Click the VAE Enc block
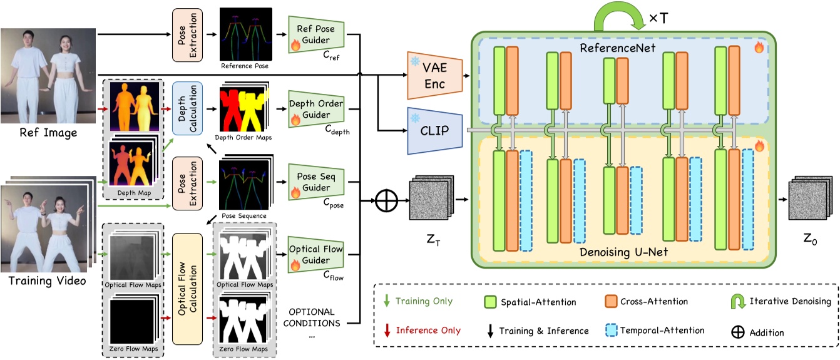(x=434, y=75)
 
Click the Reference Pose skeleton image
(x=246, y=33)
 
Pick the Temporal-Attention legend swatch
(x=615, y=330)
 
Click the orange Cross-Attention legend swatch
(x=615, y=302)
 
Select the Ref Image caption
(x=48, y=132)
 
